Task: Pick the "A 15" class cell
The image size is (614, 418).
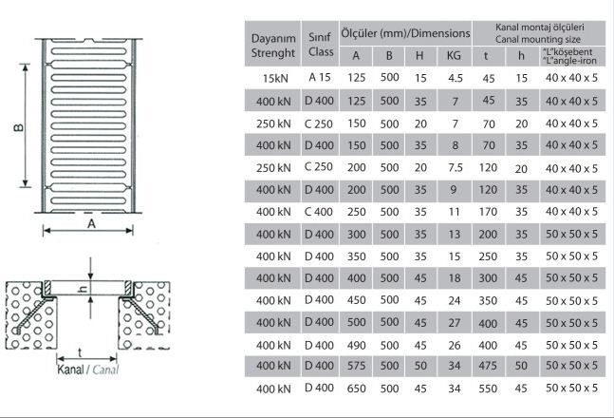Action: pos(319,76)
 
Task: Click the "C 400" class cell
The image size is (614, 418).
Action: pos(319,210)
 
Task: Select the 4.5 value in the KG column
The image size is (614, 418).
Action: pos(455,78)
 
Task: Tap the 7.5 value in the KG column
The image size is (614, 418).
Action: pos(455,165)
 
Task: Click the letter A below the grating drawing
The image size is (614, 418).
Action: pos(91,225)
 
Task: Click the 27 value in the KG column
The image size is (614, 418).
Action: pos(455,322)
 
